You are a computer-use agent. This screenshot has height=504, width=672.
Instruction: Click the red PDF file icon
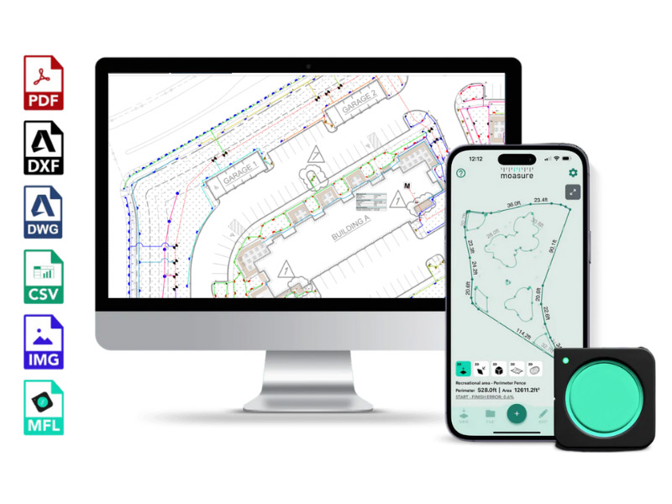43,82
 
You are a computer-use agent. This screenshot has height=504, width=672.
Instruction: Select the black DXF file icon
43,147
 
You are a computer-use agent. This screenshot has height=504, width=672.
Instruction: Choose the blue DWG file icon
43,212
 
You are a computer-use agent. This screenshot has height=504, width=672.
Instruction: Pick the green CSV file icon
43,276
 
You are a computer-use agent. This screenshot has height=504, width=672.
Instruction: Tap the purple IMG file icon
43,342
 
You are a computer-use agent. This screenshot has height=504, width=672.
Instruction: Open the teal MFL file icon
43,407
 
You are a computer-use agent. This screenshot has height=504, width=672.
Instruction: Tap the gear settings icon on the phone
573,173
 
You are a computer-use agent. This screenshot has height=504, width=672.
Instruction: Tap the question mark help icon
460,174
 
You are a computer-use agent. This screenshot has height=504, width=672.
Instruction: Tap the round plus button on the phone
517,413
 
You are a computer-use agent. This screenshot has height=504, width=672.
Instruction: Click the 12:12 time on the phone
476,158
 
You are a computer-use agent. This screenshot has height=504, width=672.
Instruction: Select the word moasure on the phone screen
517,176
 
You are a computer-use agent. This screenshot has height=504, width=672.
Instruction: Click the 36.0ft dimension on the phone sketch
514,204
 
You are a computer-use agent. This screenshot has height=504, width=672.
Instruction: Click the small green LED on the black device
569,361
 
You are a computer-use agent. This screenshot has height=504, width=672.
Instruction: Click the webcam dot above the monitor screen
307,65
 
